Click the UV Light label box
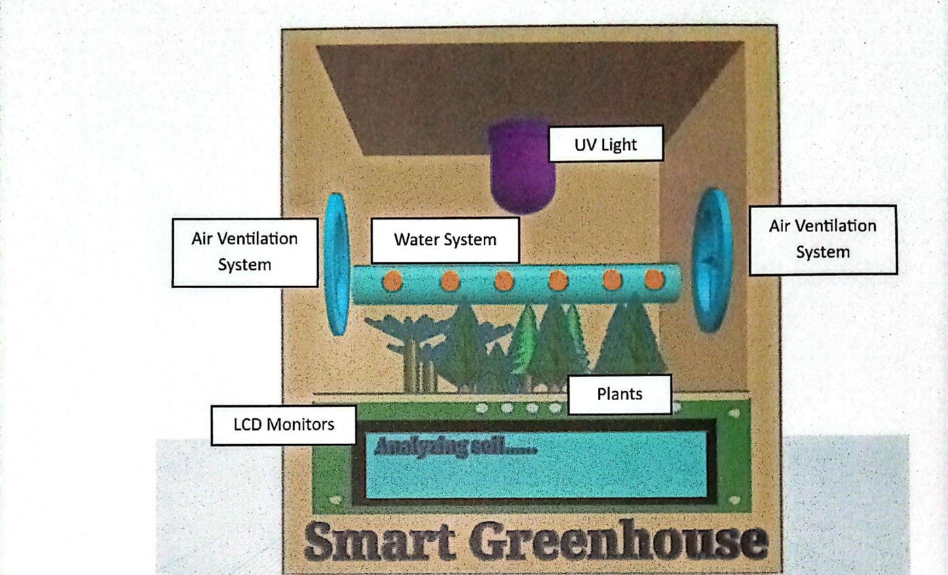605,143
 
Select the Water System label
445,239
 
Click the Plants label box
619,394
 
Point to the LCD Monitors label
284,424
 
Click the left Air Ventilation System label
244,252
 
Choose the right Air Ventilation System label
822,239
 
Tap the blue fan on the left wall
335,264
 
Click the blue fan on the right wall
712,260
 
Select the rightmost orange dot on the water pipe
653,279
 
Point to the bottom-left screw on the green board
335,500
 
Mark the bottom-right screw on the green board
734,500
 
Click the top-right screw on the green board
734,412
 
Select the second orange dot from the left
449,281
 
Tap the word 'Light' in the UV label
618,144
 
